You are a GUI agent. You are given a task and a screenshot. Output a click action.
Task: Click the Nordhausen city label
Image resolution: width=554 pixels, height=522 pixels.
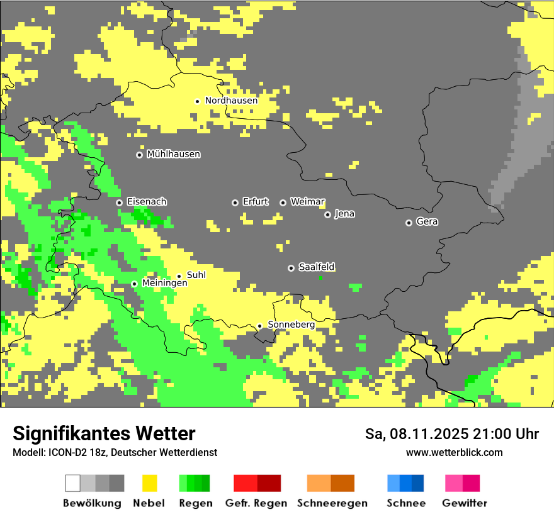click(x=231, y=101)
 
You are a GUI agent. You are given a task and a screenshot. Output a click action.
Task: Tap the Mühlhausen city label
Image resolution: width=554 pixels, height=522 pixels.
click(x=173, y=154)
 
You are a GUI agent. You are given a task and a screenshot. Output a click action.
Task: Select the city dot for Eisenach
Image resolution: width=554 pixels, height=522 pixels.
click(x=119, y=203)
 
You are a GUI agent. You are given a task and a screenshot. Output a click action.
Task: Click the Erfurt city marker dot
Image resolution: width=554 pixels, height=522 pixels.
click(x=235, y=203)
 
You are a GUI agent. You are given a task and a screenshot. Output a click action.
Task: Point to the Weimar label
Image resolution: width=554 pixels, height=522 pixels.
click(x=307, y=202)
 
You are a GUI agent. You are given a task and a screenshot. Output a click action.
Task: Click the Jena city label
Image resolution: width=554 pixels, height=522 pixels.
click(x=344, y=214)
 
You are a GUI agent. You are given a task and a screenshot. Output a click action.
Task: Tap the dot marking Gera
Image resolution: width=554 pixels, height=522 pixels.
click(x=409, y=223)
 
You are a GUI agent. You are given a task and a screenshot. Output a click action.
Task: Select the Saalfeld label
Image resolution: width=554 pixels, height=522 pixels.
click(x=316, y=267)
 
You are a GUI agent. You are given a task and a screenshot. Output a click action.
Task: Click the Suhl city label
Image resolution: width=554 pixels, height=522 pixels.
click(x=196, y=275)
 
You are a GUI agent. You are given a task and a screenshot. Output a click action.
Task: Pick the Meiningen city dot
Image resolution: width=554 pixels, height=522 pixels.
click(x=134, y=284)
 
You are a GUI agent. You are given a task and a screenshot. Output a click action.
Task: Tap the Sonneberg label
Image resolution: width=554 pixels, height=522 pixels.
click(x=291, y=325)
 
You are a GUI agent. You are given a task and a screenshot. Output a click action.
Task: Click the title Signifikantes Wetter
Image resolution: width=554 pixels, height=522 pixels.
click(x=104, y=433)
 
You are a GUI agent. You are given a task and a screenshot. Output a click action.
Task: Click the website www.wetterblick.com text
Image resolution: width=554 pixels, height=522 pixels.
click(x=454, y=452)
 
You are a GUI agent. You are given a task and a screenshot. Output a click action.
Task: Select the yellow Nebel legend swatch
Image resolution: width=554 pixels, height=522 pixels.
click(x=150, y=483)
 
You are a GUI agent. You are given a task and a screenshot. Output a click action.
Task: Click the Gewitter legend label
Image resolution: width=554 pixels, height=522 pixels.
click(x=464, y=503)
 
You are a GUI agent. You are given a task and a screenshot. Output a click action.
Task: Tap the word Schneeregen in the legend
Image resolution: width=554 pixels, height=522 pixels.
click(x=332, y=503)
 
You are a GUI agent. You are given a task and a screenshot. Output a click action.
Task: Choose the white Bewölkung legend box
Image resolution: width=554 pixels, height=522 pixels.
click(x=73, y=483)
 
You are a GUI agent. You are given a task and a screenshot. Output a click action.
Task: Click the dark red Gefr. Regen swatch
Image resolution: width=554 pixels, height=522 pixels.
click(x=269, y=483)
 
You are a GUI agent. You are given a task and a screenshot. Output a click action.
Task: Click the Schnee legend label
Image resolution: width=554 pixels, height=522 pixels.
click(x=405, y=503)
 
